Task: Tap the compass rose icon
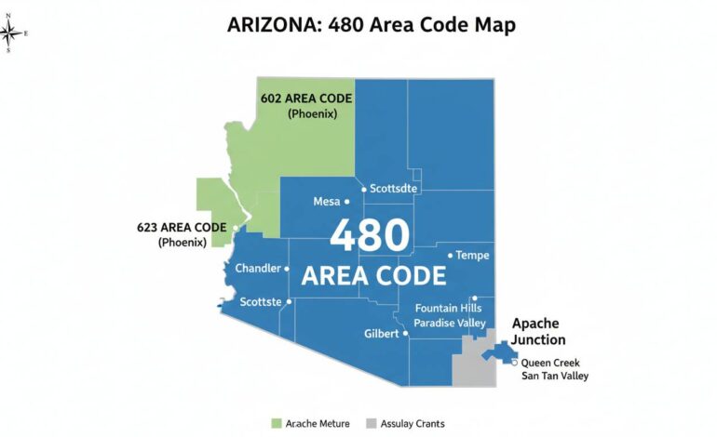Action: (x=13, y=34)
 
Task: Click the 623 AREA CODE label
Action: (x=182, y=227)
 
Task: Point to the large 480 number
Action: (x=370, y=235)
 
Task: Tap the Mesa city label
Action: (x=326, y=201)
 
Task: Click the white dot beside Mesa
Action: (x=346, y=201)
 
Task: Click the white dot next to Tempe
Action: (x=451, y=255)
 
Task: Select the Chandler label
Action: (x=258, y=269)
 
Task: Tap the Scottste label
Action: (x=262, y=302)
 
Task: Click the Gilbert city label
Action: (x=383, y=334)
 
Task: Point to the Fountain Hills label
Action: (x=449, y=308)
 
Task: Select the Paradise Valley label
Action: (x=451, y=323)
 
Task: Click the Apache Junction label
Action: (x=538, y=332)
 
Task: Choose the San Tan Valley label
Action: (x=555, y=377)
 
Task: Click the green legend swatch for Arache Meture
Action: (x=275, y=424)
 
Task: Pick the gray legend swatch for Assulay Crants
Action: (x=372, y=424)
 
